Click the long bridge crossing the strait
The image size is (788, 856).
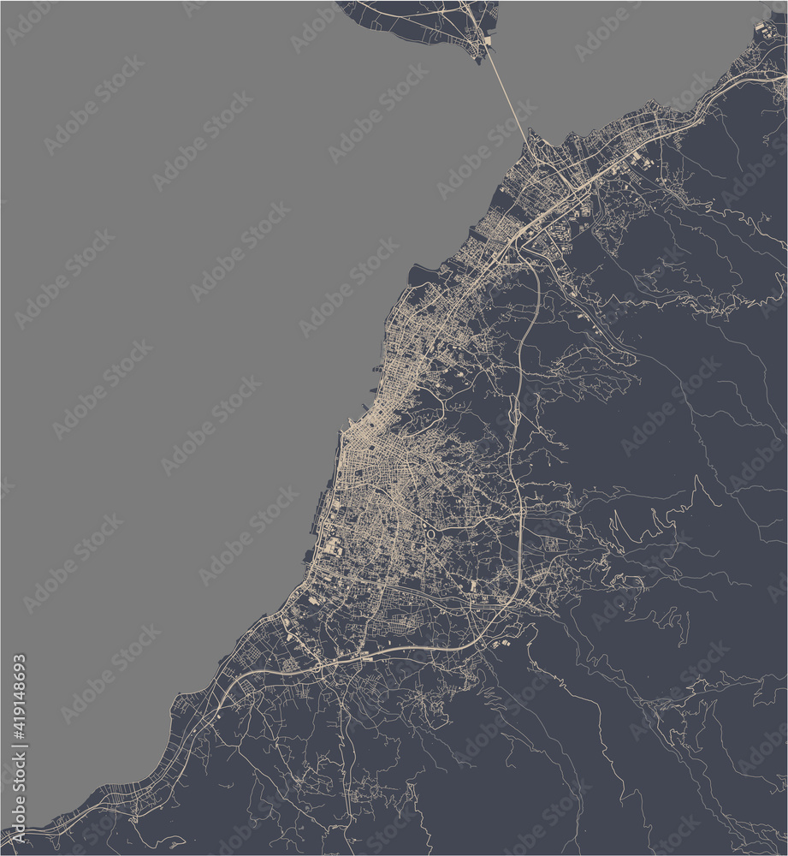pos(507,98)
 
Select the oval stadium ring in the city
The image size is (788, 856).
pos(431,534)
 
